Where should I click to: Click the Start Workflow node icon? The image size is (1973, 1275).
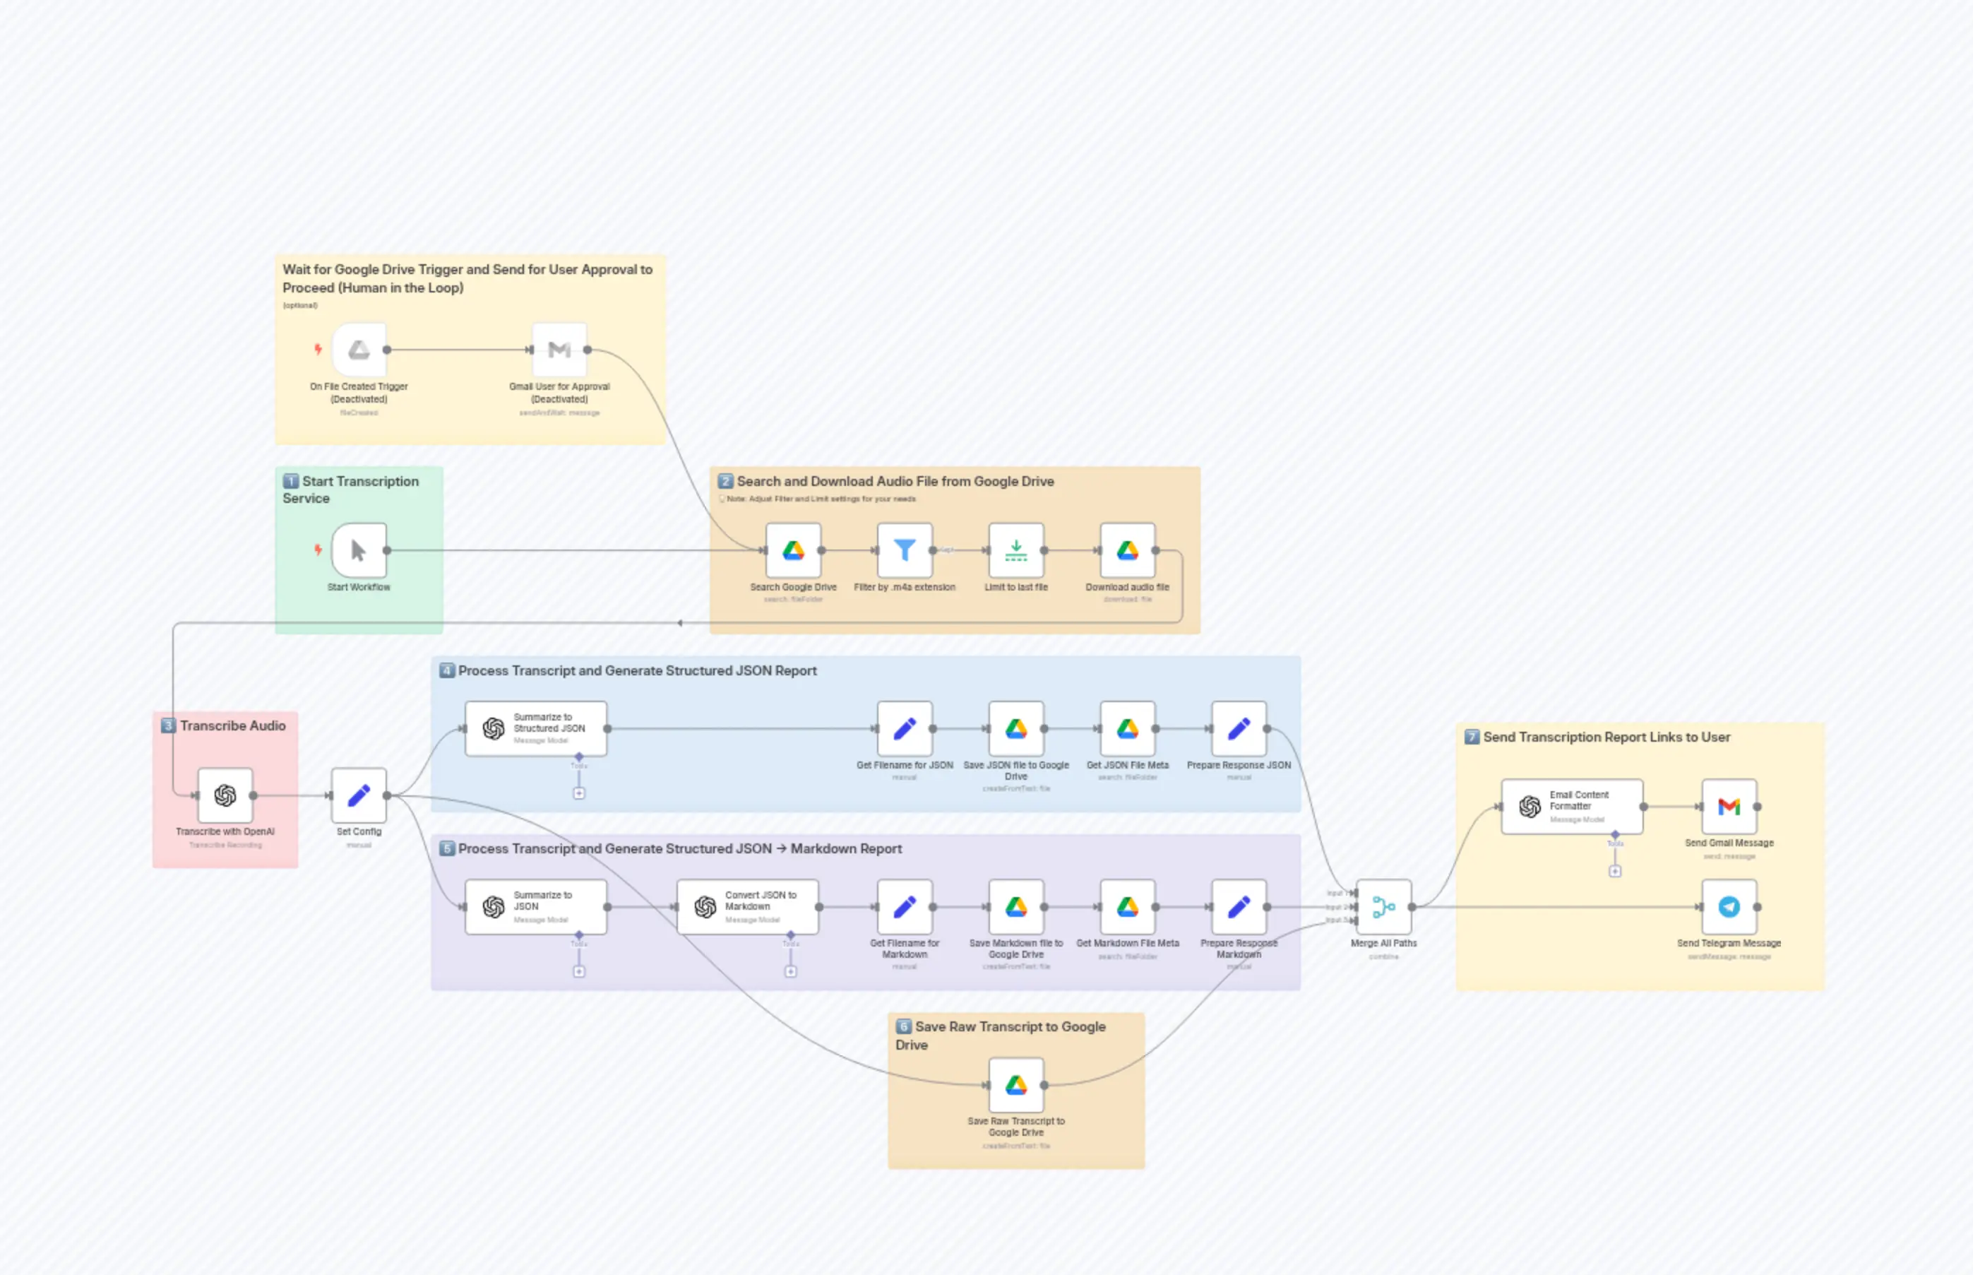tap(358, 550)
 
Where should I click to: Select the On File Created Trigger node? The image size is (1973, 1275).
tap(358, 350)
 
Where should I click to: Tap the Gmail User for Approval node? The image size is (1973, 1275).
tap(559, 350)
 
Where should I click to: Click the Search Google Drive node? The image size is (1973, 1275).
tap(793, 550)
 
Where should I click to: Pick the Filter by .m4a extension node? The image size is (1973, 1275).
tap(905, 550)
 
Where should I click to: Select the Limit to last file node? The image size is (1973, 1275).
tap(1015, 550)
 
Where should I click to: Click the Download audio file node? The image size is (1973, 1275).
tap(1127, 550)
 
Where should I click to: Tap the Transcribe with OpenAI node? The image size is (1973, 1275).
tap(225, 795)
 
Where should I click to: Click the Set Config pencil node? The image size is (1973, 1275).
tap(358, 795)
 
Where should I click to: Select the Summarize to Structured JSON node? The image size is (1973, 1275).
tap(535, 728)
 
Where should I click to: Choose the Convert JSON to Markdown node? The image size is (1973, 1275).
tap(747, 906)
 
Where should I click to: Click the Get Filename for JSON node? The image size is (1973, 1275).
tap(905, 728)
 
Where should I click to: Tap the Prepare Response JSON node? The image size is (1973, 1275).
tap(1238, 728)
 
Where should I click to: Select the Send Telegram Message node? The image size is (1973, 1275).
tap(1729, 906)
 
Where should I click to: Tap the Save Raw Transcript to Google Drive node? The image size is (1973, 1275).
tap(1015, 1084)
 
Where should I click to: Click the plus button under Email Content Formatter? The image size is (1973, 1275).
tap(1615, 871)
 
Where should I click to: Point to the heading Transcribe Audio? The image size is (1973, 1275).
tap(232, 725)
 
